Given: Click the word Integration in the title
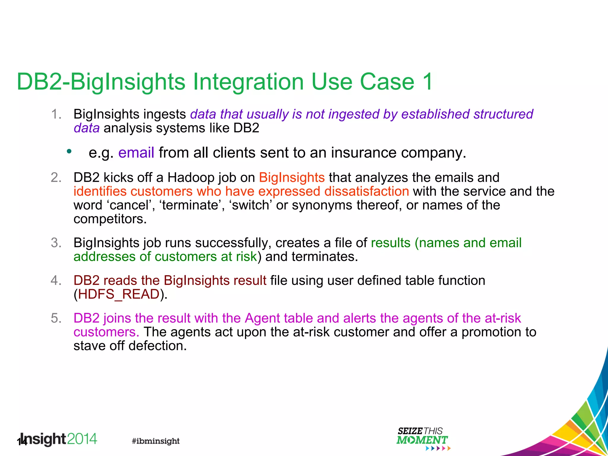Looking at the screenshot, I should click(248, 82).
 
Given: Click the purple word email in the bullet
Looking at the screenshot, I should click(136, 153).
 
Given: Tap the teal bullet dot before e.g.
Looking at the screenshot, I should click(69, 151).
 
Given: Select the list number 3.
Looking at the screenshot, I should click(56, 243).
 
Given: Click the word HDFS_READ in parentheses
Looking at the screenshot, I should click(119, 294).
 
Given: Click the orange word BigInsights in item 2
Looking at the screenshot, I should click(292, 178).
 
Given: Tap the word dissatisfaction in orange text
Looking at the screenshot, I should click(367, 191).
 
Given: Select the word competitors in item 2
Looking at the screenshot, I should click(110, 219).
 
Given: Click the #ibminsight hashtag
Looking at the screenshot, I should click(156, 441).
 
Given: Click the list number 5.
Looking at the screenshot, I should click(56, 318).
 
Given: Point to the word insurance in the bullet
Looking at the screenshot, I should click(364, 153).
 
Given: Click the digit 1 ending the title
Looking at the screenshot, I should click(428, 82).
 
